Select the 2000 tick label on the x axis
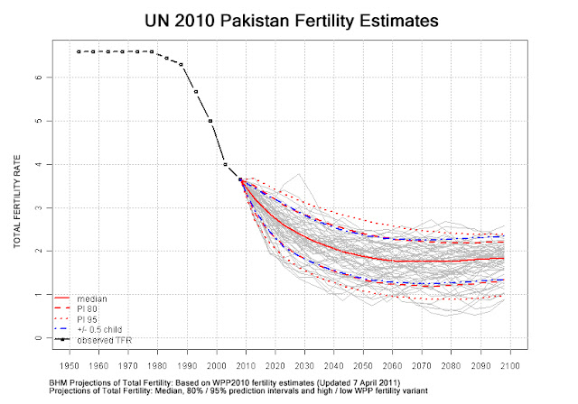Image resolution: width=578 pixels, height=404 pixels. (x=216, y=366)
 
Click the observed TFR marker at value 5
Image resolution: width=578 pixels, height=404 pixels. (x=210, y=121)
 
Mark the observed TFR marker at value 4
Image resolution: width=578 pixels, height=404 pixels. (x=225, y=164)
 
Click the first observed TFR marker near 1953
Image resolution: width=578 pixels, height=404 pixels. (x=79, y=51)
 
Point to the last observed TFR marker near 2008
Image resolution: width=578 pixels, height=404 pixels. (x=240, y=179)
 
